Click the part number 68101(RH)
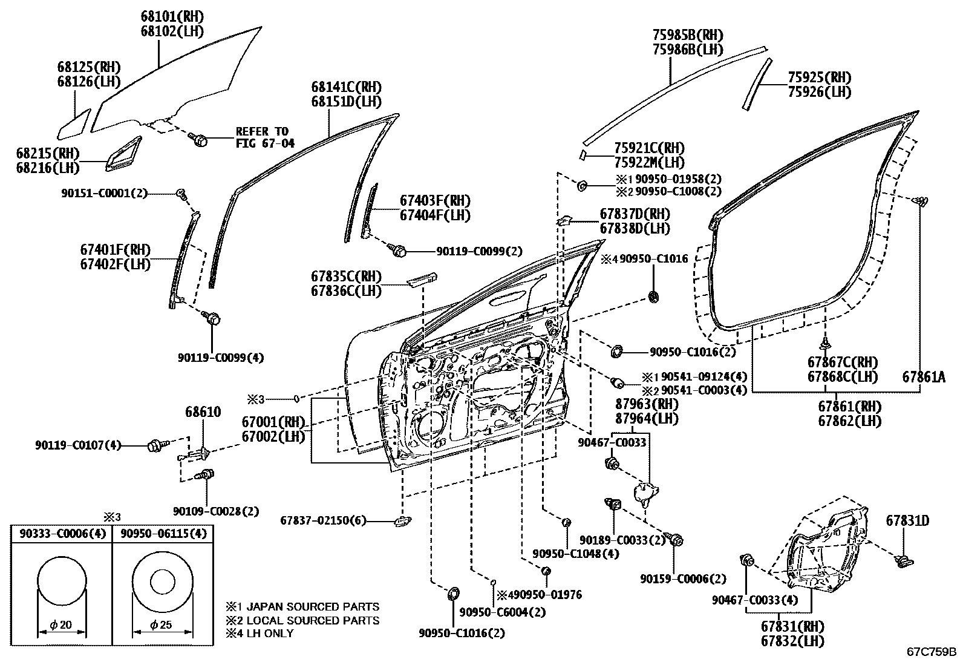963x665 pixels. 172,17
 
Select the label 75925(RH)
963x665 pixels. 820,77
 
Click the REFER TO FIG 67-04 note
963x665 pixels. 265,137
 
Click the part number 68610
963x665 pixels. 203,411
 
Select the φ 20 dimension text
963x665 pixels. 60,624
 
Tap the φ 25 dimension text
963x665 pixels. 161,624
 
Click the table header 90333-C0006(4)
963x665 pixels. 62,533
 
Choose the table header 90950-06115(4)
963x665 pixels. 163,533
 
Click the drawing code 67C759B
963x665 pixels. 932,652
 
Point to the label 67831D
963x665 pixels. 907,521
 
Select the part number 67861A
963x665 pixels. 924,377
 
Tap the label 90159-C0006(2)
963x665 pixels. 683,579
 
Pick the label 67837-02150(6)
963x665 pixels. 323,520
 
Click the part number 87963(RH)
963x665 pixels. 647,404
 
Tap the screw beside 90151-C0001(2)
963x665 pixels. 182,195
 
